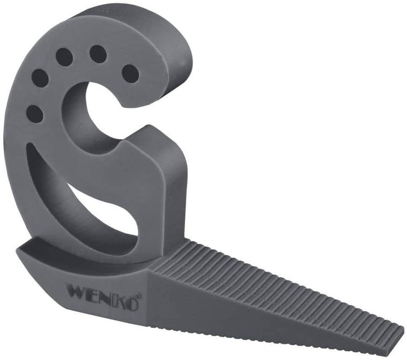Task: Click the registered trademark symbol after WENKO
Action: click(x=140, y=295)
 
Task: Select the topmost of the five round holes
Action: click(x=97, y=54)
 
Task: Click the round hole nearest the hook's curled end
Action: click(x=130, y=73)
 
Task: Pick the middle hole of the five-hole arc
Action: click(x=64, y=57)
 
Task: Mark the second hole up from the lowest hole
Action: click(x=40, y=78)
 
